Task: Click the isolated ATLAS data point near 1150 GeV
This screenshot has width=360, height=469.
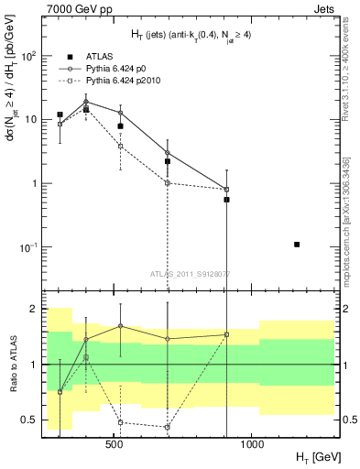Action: [x=297, y=245]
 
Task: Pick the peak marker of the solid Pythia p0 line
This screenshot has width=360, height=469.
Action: [x=86, y=103]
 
